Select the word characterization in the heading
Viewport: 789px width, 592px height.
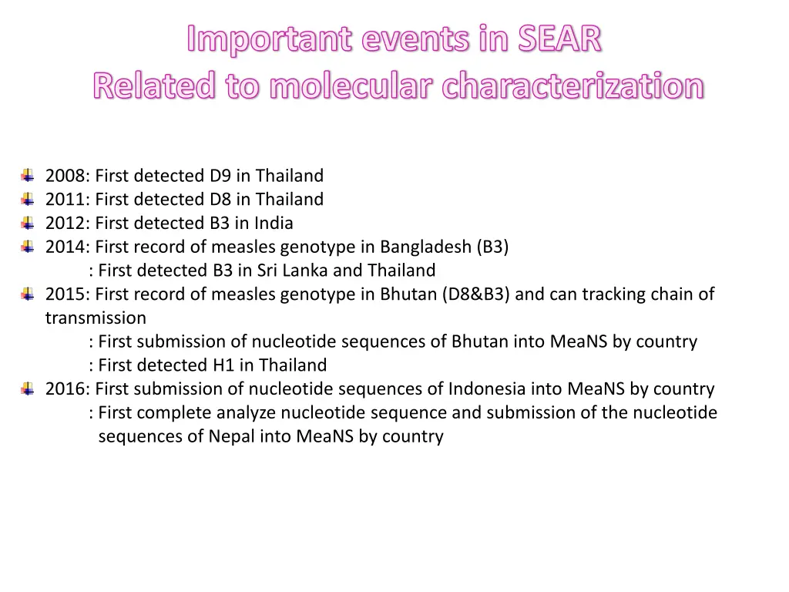[x=572, y=86]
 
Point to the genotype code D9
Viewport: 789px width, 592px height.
[x=220, y=176]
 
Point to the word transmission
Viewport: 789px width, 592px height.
[x=96, y=318]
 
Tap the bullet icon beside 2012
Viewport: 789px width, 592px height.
[x=28, y=224]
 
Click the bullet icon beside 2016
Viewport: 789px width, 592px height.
[x=28, y=389]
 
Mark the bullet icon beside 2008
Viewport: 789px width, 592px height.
[x=28, y=176]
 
